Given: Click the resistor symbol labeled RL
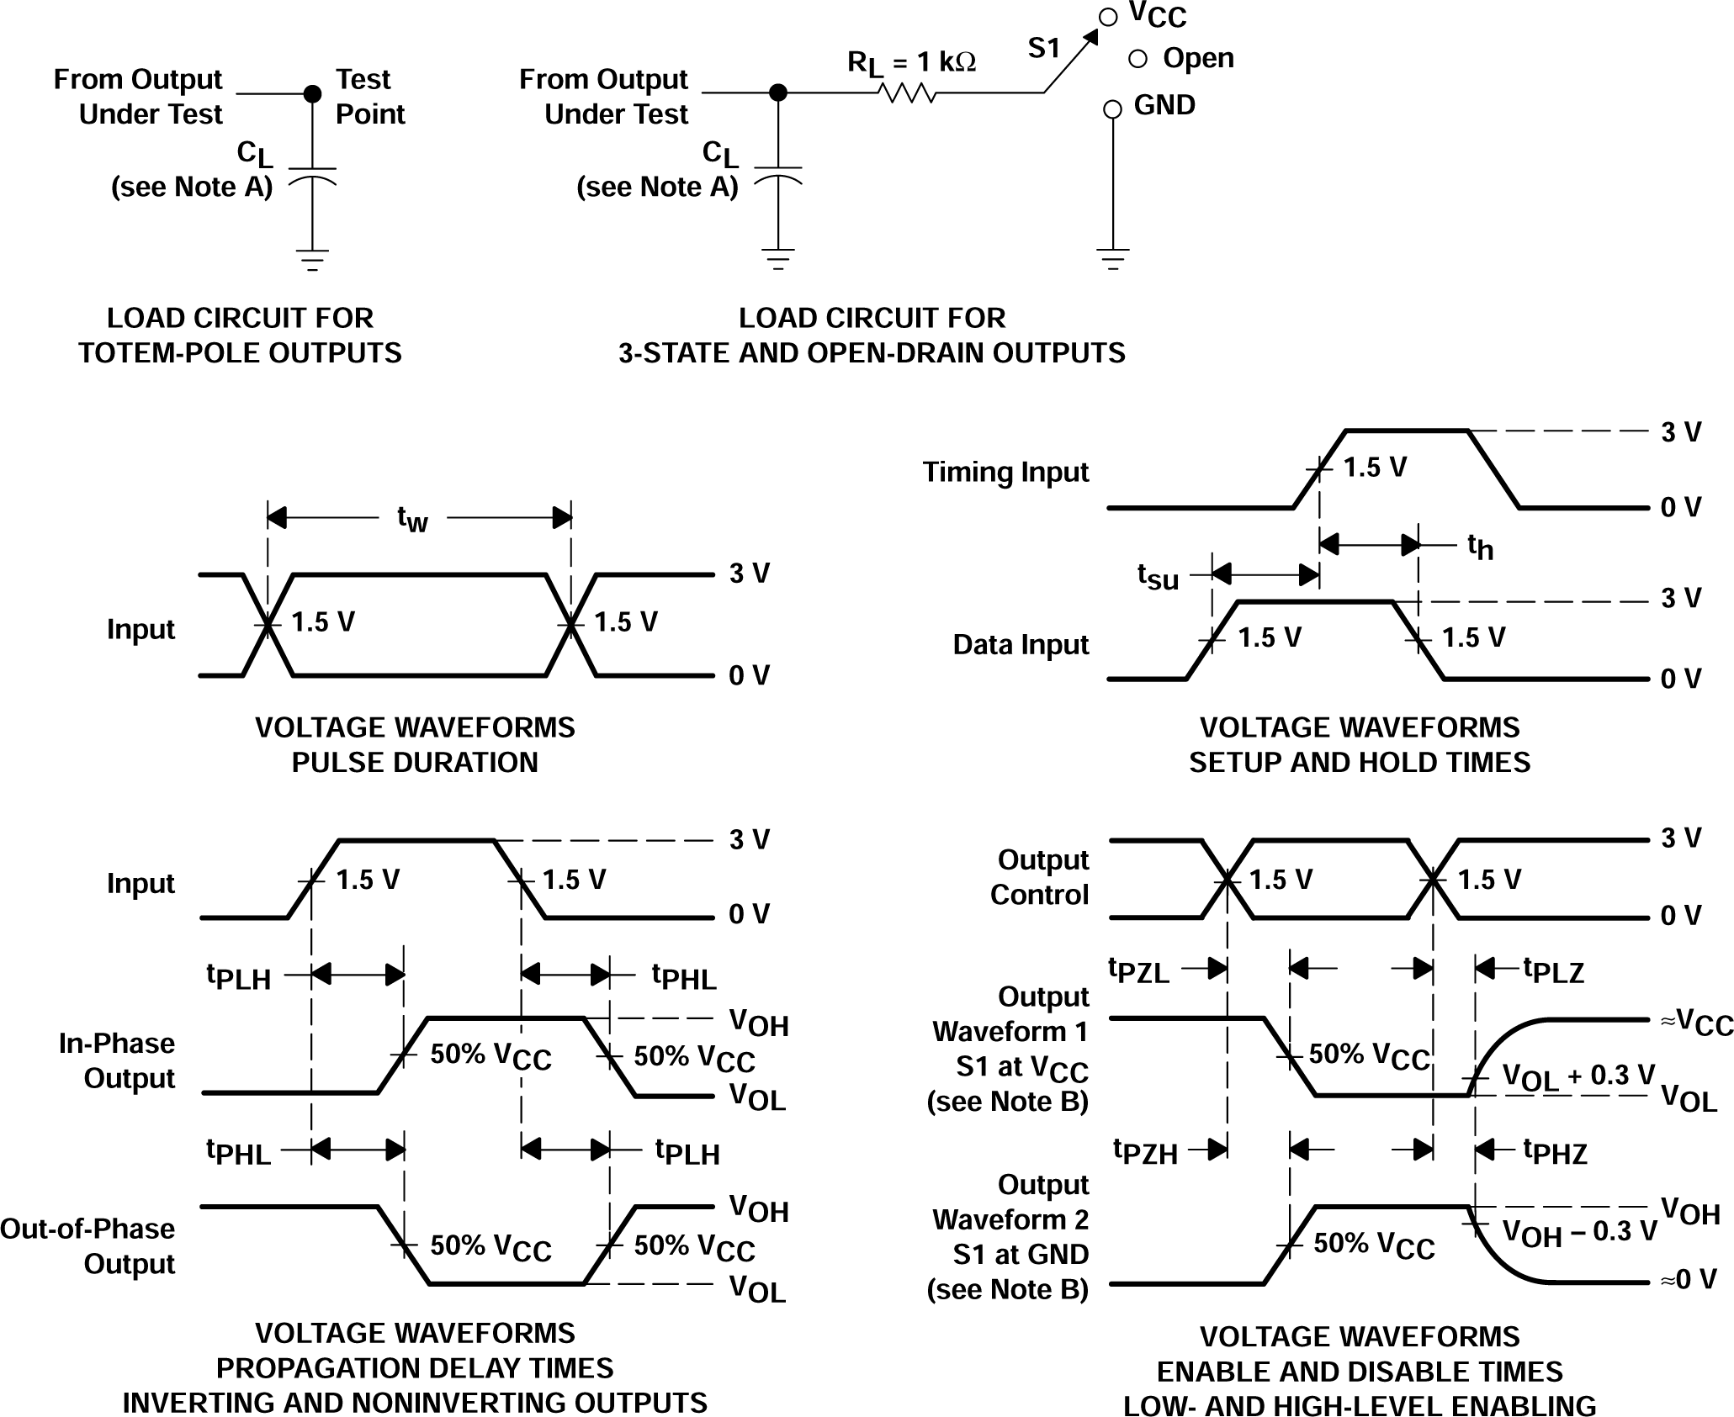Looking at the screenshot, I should tap(907, 93).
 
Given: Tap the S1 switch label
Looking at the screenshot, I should tap(1044, 49).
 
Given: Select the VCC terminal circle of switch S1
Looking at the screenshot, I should tap(1109, 17).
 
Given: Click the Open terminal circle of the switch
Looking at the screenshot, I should tap(1137, 58).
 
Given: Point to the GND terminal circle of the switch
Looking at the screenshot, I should tap(1112, 109).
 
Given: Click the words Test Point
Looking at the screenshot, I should tap(369, 97).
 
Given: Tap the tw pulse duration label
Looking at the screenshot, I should tap(412, 519).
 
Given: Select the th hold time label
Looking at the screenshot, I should tap(1480, 547).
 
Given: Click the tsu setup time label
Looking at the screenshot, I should tap(1158, 576).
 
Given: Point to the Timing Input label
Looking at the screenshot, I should tap(1005, 472).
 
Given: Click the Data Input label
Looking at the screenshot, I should tap(1021, 644).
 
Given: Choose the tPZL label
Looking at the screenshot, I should tap(1138, 970).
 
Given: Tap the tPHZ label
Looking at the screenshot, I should tap(1555, 1151).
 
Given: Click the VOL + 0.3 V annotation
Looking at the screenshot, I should tap(1578, 1076).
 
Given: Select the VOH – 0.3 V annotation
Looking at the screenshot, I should tap(1579, 1232).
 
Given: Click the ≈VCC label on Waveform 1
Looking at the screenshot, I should tap(1696, 1022).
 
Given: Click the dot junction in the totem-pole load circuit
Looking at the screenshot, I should tap(312, 93).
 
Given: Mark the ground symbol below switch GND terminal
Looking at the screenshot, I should tap(1112, 258).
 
